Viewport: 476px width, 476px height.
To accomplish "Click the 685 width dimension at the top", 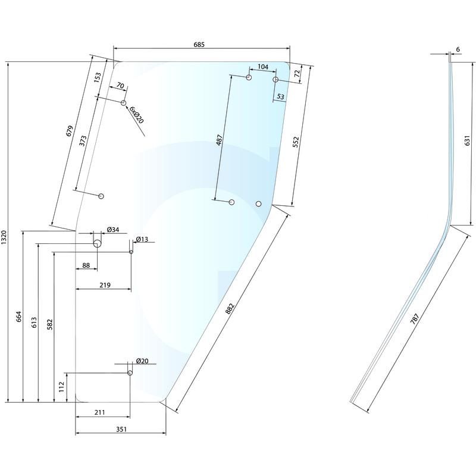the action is pyautogui.click(x=199, y=44).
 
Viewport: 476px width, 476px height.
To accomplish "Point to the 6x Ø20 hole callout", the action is pyautogui.click(x=136, y=115).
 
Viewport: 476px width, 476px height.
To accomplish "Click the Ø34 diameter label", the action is pyautogui.click(x=113, y=230).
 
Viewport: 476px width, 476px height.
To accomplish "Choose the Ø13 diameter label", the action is pyautogui.click(x=142, y=239).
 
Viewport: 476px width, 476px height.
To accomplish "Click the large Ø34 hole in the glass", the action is pyautogui.click(x=97, y=243).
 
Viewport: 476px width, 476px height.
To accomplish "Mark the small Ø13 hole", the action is pyautogui.click(x=131, y=252).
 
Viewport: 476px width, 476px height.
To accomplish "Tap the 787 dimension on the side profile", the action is pyautogui.click(x=415, y=319).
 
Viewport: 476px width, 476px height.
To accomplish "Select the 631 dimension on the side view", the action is pyautogui.click(x=467, y=140).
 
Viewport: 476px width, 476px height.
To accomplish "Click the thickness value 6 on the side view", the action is pyautogui.click(x=458, y=49).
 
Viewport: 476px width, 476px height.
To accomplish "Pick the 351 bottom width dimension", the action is pyautogui.click(x=121, y=429).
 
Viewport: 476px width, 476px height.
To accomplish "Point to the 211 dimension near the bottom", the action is pyautogui.click(x=99, y=412).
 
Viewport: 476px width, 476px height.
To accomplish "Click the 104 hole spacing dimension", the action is pyautogui.click(x=263, y=67).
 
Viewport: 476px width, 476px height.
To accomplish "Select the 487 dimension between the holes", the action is pyautogui.click(x=220, y=140).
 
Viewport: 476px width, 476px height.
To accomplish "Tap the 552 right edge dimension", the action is pyautogui.click(x=296, y=142).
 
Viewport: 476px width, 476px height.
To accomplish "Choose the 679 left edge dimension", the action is pyautogui.click(x=70, y=130).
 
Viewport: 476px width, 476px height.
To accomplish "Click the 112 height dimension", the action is pyautogui.click(x=61, y=387).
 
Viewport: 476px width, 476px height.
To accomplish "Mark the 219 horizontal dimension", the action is pyautogui.click(x=105, y=285).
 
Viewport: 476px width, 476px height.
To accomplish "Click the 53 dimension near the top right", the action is pyautogui.click(x=280, y=96).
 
